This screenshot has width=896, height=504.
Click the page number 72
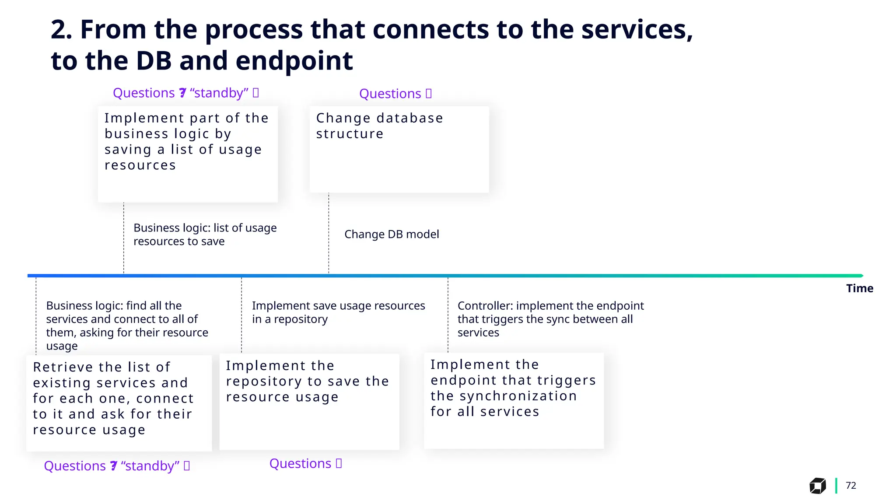coord(850,485)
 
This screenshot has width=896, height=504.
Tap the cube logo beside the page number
coord(817,486)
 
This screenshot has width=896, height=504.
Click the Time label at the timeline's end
coord(859,288)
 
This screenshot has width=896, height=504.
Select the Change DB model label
coord(392,234)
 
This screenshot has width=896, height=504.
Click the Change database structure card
coord(399,149)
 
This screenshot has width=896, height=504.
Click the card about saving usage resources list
coord(188,154)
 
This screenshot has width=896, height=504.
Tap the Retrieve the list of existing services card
coord(119,403)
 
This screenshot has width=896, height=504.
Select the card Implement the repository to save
coord(309,401)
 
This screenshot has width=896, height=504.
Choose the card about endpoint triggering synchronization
coord(514,400)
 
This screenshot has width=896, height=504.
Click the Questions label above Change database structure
coord(395,94)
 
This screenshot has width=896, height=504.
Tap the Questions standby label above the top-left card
coord(186,93)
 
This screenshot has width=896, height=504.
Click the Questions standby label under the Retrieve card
coord(117,466)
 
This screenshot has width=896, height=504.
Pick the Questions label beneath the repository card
coord(305,464)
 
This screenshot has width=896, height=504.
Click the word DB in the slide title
coord(154,61)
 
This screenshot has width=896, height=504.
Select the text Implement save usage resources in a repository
coord(338,312)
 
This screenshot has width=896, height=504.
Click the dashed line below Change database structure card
coord(329,232)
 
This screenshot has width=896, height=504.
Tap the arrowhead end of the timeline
coord(861,276)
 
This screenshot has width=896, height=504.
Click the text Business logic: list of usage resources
coord(205,234)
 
